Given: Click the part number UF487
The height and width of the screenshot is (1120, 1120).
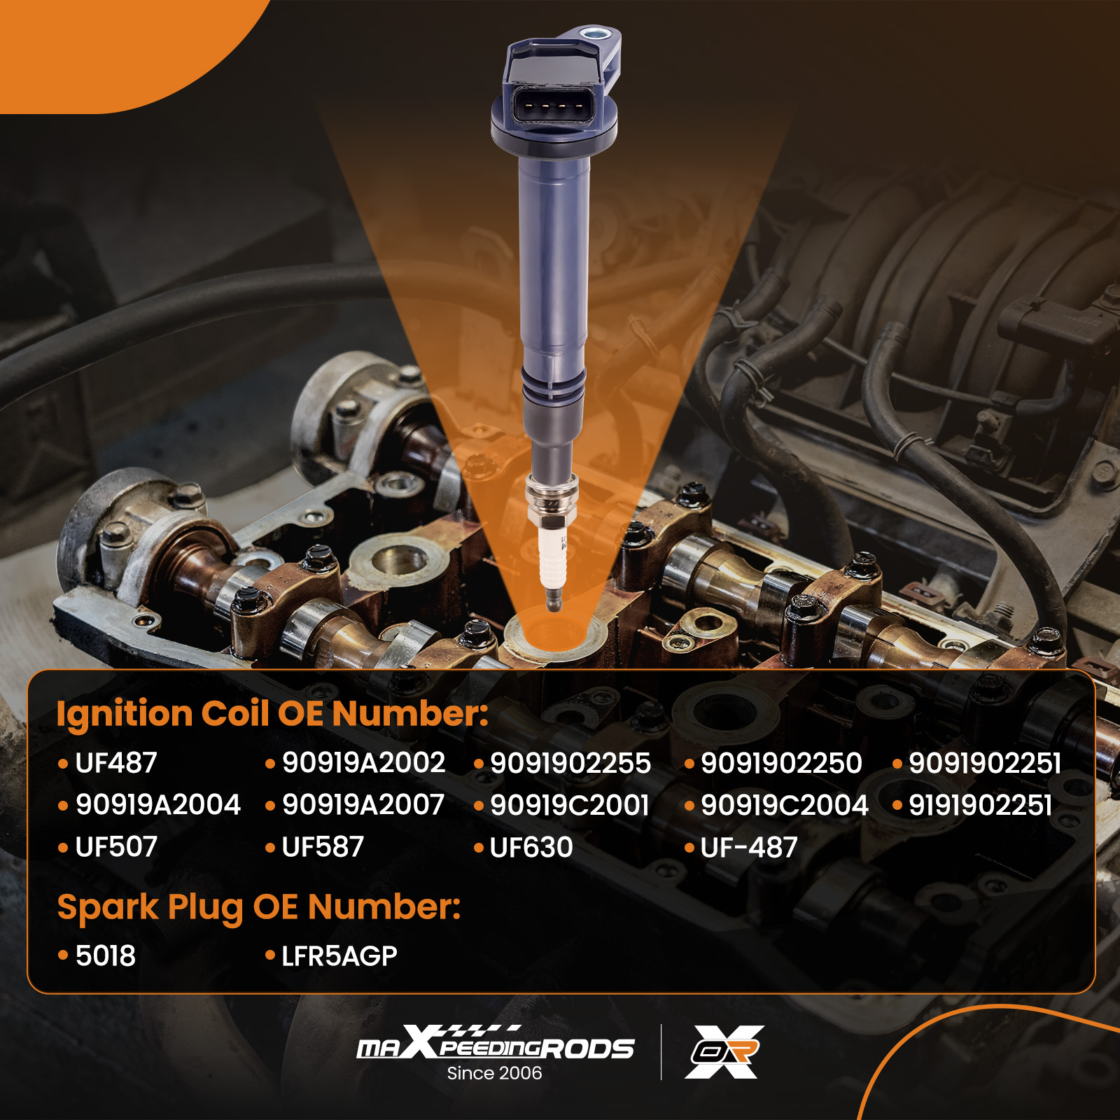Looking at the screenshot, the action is pyautogui.click(x=116, y=763).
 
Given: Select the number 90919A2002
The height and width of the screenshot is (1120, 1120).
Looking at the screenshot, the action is pyautogui.click(x=363, y=763).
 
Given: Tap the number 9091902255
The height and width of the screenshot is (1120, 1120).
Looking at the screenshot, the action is pyautogui.click(x=570, y=763).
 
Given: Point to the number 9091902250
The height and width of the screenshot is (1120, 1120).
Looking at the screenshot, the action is pyautogui.click(x=781, y=763).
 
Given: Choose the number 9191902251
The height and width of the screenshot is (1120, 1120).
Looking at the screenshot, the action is pyautogui.click(x=980, y=805).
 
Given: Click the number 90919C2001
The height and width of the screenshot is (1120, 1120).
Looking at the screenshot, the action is pyautogui.click(x=570, y=805).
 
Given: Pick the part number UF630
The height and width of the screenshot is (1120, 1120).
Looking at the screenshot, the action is pyautogui.click(x=531, y=847).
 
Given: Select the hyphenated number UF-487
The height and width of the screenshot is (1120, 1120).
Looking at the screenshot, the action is pyautogui.click(x=749, y=847).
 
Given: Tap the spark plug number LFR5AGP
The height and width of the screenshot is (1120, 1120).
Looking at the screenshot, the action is pyautogui.click(x=339, y=955).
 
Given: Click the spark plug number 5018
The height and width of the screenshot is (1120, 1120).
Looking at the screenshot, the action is pyautogui.click(x=106, y=955).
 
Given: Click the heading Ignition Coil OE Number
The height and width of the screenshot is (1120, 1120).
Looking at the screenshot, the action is pyautogui.click(x=272, y=714).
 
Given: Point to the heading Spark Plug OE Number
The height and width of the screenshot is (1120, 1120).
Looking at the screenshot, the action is pyautogui.click(x=259, y=908).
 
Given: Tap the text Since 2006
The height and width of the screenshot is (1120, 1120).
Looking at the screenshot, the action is pyautogui.click(x=494, y=1073).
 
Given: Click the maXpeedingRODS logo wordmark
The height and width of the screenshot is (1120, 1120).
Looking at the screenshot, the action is pyautogui.click(x=496, y=1043).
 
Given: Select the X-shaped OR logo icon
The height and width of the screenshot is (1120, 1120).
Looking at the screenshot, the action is pyautogui.click(x=724, y=1051).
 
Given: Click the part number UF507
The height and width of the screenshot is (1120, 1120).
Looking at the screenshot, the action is pyautogui.click(x=116, y=847).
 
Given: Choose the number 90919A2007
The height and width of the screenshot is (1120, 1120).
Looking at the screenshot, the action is pyautogui.click(x=363, y=805).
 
